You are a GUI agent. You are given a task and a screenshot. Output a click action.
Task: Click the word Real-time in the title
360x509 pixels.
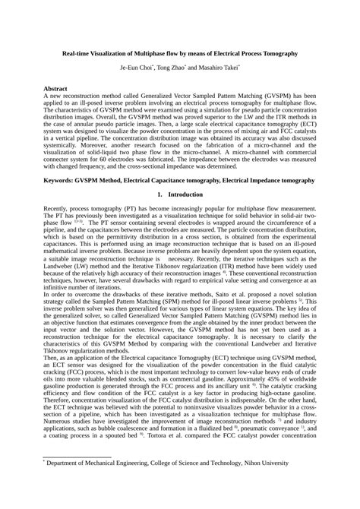click(79, 55)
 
